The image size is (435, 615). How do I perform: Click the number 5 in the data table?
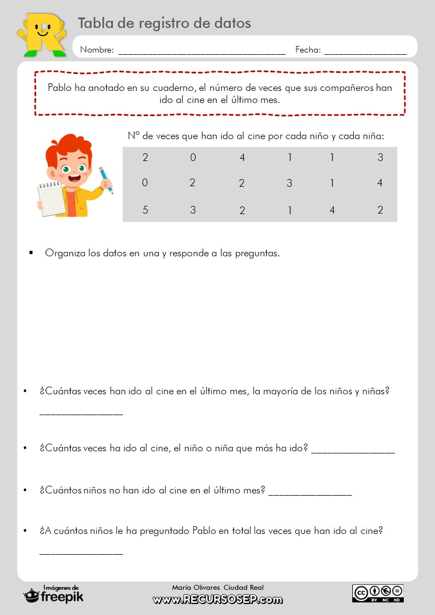click(145, 210)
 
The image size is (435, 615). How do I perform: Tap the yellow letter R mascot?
click(41, 33)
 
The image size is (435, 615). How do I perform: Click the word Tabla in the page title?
click(94, 23)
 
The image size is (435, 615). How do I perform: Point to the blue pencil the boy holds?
click(106, 180)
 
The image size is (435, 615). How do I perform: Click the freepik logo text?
click(62, 597)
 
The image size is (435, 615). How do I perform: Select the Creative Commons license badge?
click(377, 593)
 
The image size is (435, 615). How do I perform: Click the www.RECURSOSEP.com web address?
click(218, 600)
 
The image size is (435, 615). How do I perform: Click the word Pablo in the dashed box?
click(59, 88)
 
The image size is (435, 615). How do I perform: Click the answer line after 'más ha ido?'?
click(352, 452)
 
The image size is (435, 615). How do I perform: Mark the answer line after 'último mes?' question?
click(310, 493)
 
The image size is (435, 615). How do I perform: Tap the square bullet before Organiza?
click(31, 253)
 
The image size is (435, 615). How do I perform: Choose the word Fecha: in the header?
click(308, 50)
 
